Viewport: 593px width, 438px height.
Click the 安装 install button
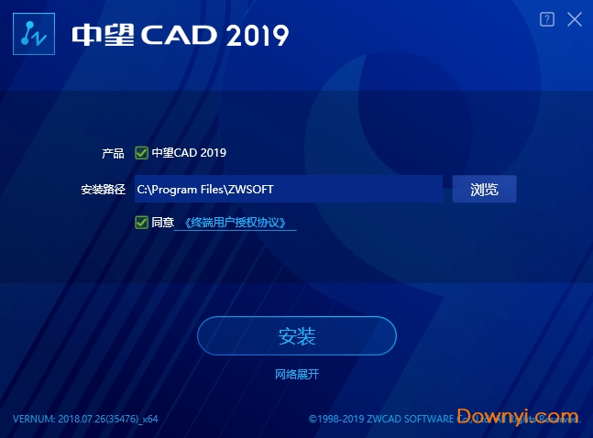[296, 336]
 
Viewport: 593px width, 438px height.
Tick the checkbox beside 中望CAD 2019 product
[141, 153]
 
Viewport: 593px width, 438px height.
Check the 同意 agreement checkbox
[141, 222]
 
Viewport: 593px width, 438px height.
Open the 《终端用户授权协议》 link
[236, 223]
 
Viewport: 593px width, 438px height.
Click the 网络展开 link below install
[297, 374]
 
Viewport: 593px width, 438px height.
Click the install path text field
[288, 189]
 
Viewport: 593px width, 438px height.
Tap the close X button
[575, 19]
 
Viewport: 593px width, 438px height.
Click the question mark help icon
[547, 19]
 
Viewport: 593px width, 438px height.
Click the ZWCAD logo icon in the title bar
[34, 35]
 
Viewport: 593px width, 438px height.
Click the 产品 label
[113, 153]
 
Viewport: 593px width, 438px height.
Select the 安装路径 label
[102, 190]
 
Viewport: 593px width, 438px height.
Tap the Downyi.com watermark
[518, 416]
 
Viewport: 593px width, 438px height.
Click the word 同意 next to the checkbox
[162, 223]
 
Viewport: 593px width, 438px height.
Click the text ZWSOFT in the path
[251, 190]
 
